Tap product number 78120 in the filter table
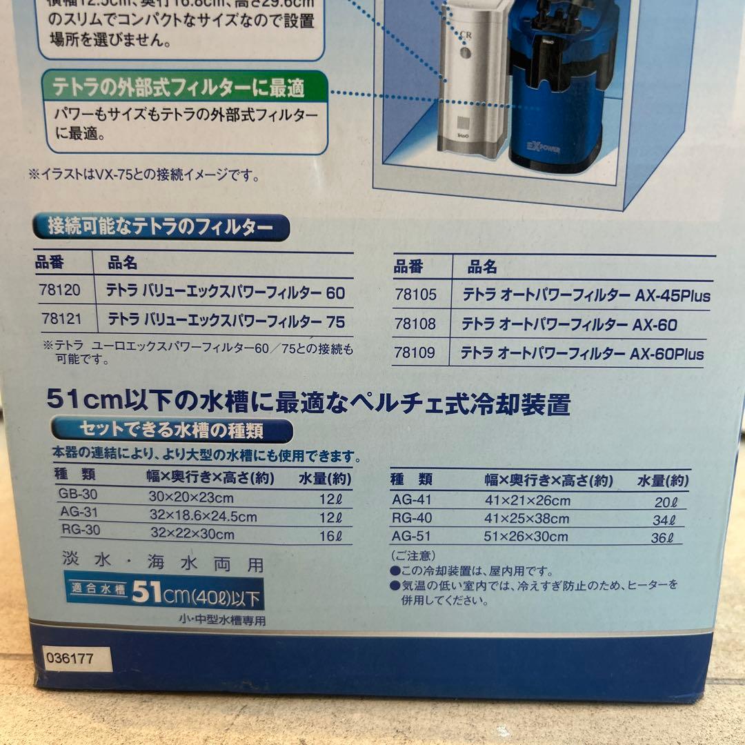60,291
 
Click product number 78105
415,295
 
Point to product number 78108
415,324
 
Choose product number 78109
415,353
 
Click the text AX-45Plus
671,297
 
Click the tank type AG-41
411,501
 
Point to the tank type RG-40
412,519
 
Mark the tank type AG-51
411,537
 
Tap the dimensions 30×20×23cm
191,497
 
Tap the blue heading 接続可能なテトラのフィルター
160,226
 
